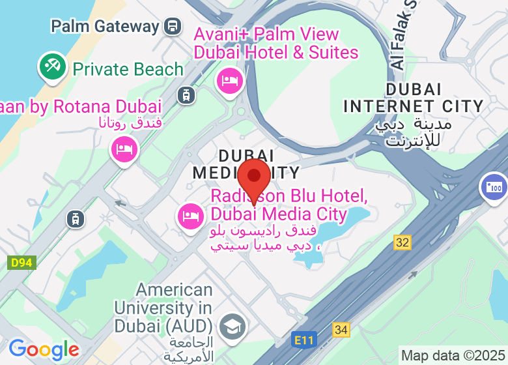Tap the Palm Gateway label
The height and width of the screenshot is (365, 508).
point(105,27)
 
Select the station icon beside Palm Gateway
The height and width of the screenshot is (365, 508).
point(173,27)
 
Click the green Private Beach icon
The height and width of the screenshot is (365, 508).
point(53,66)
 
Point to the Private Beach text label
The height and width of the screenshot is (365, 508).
point(128,69)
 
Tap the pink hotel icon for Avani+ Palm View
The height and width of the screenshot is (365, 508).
point(229,81)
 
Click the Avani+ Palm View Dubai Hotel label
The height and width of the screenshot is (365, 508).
point(275,43)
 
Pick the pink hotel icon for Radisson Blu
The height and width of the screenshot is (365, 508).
point(190,216)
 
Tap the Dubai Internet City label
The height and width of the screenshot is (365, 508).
point(413,98)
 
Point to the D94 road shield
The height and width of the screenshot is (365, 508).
point(21,263)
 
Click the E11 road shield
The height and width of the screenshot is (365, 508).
point(303,340)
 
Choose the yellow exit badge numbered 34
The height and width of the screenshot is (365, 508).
point(341,330)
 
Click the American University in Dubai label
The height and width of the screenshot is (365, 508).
point(163,307)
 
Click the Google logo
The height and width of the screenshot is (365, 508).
point(44,349)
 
